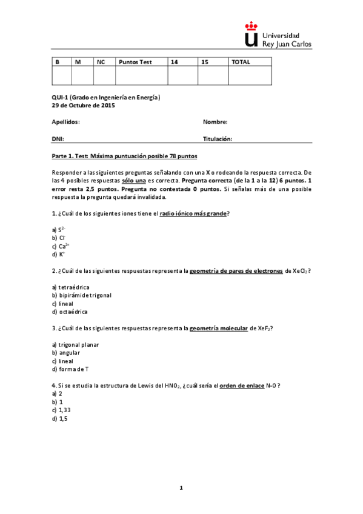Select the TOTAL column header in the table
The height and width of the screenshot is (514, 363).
241,62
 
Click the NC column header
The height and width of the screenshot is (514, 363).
101,62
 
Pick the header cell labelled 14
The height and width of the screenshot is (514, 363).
175,62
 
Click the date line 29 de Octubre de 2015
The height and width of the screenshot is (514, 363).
83,105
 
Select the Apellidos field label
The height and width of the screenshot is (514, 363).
65,122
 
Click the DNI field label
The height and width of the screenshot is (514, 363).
58,139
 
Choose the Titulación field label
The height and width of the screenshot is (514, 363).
218,139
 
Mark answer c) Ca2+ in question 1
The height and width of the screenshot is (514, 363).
61,247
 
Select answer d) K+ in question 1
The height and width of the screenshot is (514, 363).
58,255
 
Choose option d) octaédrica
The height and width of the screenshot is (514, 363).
70,312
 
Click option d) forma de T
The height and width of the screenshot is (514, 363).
70,369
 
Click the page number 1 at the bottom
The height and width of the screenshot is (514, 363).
181,487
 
